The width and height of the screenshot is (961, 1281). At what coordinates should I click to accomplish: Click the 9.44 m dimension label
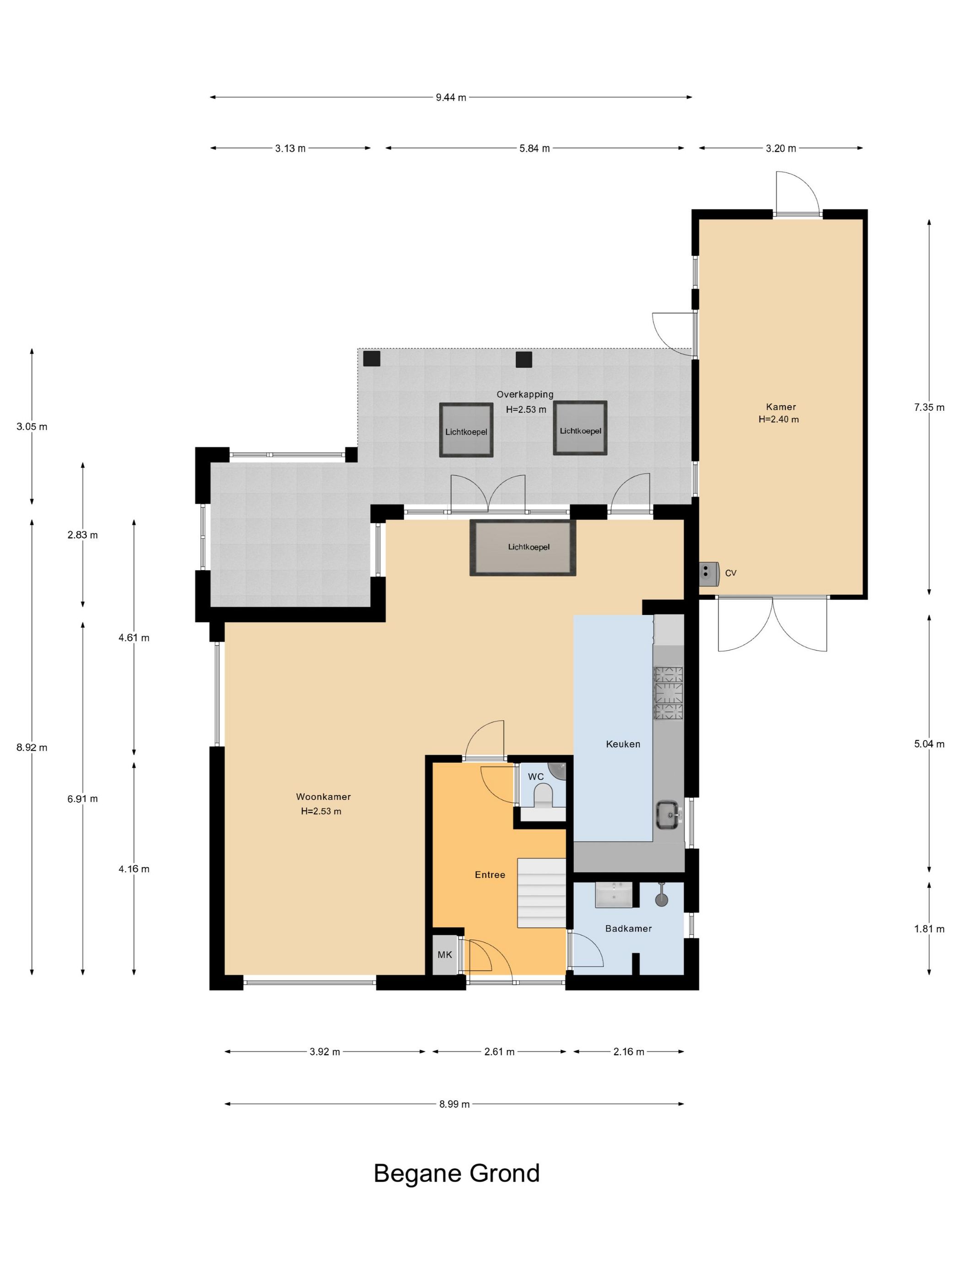tap(450, 97)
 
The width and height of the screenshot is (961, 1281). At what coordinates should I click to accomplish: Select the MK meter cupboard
tap(444, 954)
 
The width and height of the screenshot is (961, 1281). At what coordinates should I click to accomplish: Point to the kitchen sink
tap(668, 815)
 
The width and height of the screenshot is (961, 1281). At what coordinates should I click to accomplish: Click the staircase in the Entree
tap(541, 893)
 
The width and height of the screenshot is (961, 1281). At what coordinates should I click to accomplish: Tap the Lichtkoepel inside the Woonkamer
tap(523, 547)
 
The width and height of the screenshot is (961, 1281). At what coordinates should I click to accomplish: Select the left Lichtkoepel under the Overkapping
tap(466, 431)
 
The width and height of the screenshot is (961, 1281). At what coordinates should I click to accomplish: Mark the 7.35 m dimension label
tap(929, 407)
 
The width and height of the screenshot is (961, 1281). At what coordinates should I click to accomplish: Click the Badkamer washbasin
tap(614, 895)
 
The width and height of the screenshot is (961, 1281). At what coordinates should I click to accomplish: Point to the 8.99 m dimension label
tap(454, 1104)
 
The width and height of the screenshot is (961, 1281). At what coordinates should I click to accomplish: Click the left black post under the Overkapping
tap(371, 359)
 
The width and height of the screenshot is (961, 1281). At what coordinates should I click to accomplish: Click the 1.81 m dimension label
tap(929, 929)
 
